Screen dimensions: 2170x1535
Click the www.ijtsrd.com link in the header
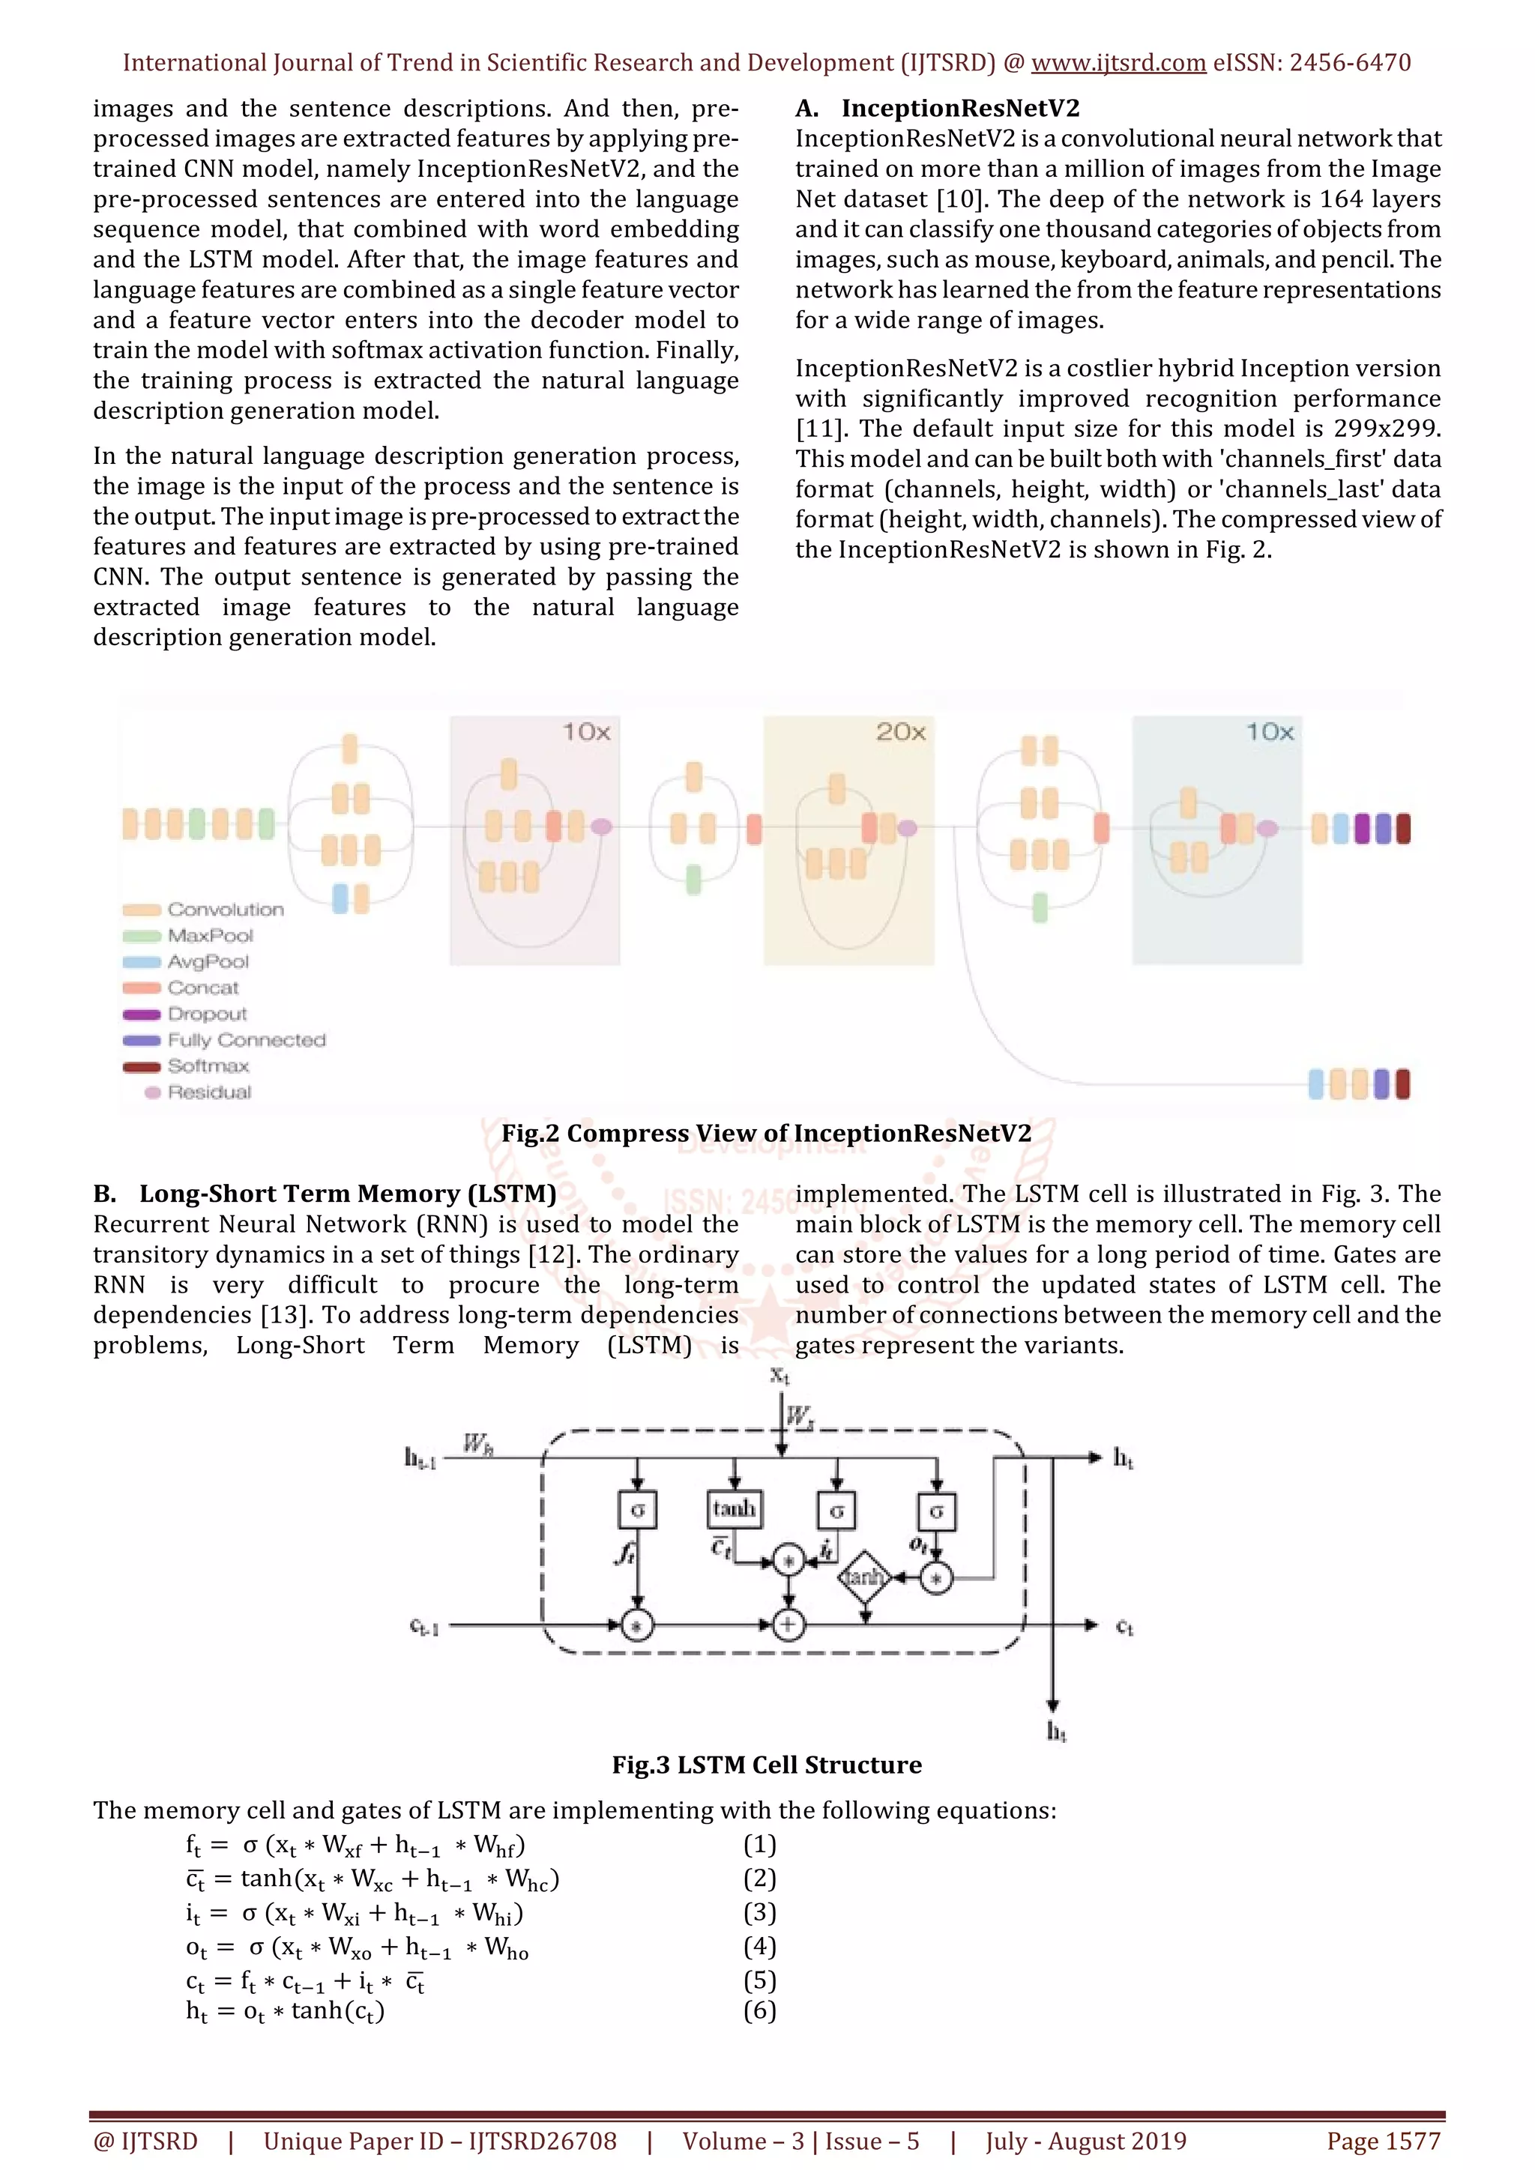pos(1118,64)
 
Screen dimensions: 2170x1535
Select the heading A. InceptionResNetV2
pos(937,109)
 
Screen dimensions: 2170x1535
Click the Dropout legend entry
pos(207,1014)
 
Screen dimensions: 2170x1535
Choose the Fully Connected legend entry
pos(246,1041)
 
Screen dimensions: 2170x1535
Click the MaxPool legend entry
pos(210,936)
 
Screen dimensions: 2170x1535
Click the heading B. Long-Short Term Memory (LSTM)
pos(325,1194)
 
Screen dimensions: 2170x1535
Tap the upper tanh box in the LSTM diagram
pos(735,1508)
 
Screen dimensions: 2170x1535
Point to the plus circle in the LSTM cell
pos(787,1625)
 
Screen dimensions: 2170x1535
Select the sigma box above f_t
pos(637,1511)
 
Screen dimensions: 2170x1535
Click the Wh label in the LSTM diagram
pos(477,1444)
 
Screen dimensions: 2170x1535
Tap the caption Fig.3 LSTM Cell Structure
pos(767,1765)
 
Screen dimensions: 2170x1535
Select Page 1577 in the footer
pos(1384,2142)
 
